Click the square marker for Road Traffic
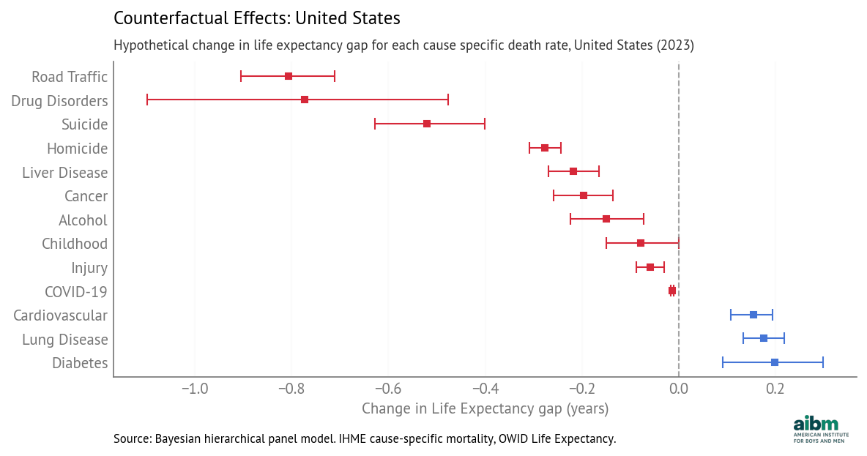pyautogui.click(x=289, y=76)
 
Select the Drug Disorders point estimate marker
pyautogui.click(x=305, y=100)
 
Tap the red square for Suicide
pyautogui.click(x=427, y=124)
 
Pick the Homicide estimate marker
pyautogui.click(x=545, y=148)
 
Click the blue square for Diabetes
pyautogui.click(x=775, y=362)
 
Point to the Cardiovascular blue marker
pyautogui.click(x=753, y=315)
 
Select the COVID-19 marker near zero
pyautogui.click(x=672, y=291)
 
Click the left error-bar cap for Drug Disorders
pyautogui.click(x=147, y=100)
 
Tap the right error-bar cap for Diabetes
pyautogui.click(x=823, y=362)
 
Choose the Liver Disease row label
pyautogui.click(x=64, y=173)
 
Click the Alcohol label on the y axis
pyautogui.click(x=83, y=220)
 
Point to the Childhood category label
pyautogui.click(x=75, y=244)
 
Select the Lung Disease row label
pyautogui.click(x=64, y=340)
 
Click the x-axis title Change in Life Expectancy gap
pyautogui.click(x=485, y=408)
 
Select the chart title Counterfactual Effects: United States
pyautogui.click(x=257, y=17)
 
